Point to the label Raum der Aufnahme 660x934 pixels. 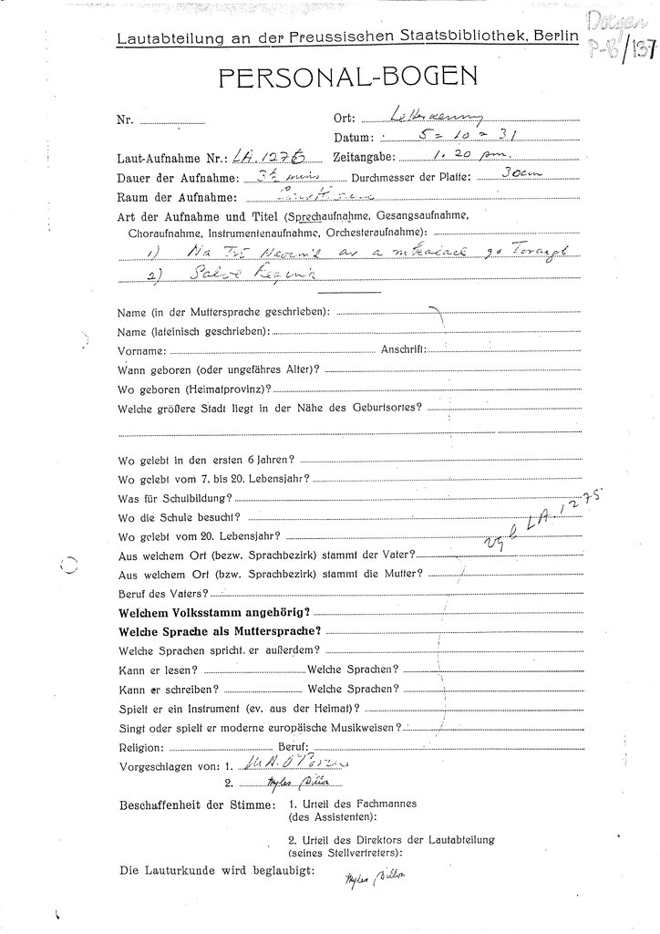[x=177, y=197]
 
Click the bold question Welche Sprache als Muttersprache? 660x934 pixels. [x=219, y=630]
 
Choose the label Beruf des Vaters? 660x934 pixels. [x=158, y=592]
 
